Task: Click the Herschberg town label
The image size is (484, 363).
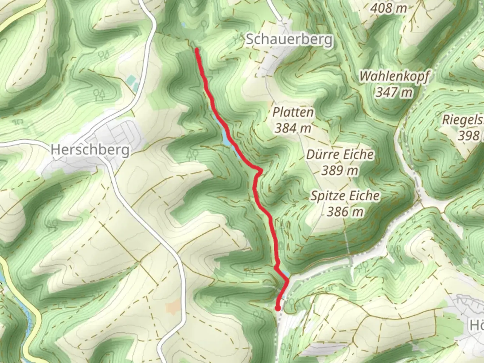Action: tap(90, 150)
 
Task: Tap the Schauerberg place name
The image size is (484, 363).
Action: tap(289, 40)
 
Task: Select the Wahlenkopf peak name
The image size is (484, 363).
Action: tap(394, 76)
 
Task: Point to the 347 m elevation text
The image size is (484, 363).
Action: tap(394, 92)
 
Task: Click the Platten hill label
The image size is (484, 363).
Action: tap(293, 112)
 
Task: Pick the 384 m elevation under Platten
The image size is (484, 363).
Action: tap(293, 128)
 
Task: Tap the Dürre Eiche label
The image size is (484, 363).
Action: tap(340, 155)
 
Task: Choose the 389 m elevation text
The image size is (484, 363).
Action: tap(340, 170)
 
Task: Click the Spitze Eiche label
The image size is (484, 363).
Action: tap(345, 196)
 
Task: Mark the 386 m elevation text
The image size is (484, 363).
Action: tap(345, 212)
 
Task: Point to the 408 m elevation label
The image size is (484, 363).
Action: tap(389, 8)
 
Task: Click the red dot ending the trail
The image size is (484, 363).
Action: tap(278, 308)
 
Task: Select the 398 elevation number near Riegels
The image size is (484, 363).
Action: tap(469, 136)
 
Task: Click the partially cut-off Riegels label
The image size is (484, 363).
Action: tap(463, 120)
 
